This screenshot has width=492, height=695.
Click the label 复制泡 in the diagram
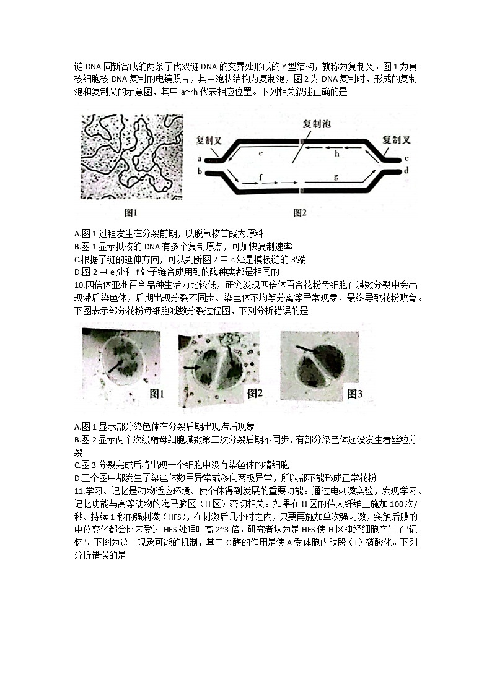click(317, 123)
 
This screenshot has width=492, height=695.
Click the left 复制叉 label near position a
click(209, 140)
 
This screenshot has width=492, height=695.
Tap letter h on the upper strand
click(337, 153)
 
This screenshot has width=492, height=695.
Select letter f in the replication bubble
click(261, 177)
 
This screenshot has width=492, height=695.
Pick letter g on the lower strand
click(336, 176)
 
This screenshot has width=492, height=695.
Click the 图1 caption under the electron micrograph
click(131, 213)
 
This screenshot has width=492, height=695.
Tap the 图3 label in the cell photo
click(354, 394)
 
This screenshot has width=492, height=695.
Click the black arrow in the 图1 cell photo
click(113, 366)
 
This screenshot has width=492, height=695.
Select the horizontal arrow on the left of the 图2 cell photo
click(191, 368)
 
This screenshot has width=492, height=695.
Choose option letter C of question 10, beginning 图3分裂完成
click(77, 464)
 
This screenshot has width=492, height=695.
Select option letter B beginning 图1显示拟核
click(77, 246)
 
